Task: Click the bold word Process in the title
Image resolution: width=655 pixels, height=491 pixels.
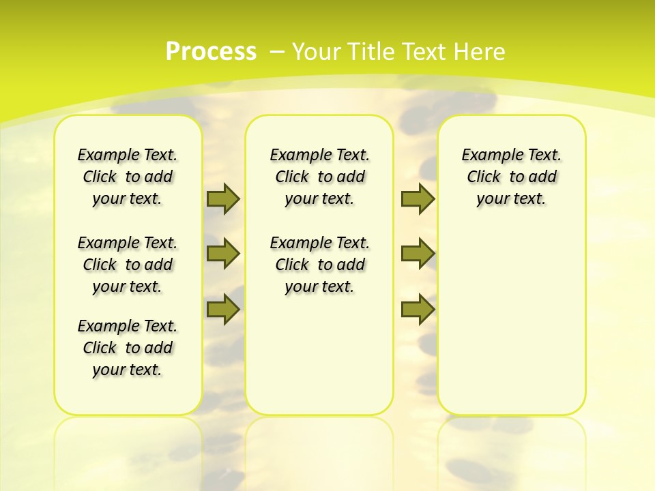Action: click(211, 52)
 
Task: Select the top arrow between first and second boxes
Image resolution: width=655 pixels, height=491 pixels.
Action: click(223, 198)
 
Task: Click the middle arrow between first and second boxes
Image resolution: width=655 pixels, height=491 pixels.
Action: click(223, 254)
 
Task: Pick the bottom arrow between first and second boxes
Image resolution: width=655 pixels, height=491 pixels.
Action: click(223, 310)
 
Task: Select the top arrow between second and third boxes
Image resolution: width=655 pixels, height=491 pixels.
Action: click(418, 198)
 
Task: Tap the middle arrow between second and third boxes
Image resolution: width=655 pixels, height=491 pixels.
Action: click(418, 254)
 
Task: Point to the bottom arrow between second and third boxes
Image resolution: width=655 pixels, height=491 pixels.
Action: click(418, 310)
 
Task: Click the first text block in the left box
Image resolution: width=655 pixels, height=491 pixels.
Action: click(128, 177)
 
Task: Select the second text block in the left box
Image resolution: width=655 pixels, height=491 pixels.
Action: click(128, 265)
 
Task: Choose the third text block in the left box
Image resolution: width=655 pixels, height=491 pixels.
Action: click(128, 348)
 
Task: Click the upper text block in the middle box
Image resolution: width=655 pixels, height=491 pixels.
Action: click(319, 177)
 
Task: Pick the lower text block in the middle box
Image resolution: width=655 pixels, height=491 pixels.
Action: click(319, 265)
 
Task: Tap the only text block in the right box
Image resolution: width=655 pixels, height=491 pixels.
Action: click(511, 177)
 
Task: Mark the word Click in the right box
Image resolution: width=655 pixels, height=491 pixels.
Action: click(484, 177)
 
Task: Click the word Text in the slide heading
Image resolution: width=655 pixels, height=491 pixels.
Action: click(423, 52)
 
